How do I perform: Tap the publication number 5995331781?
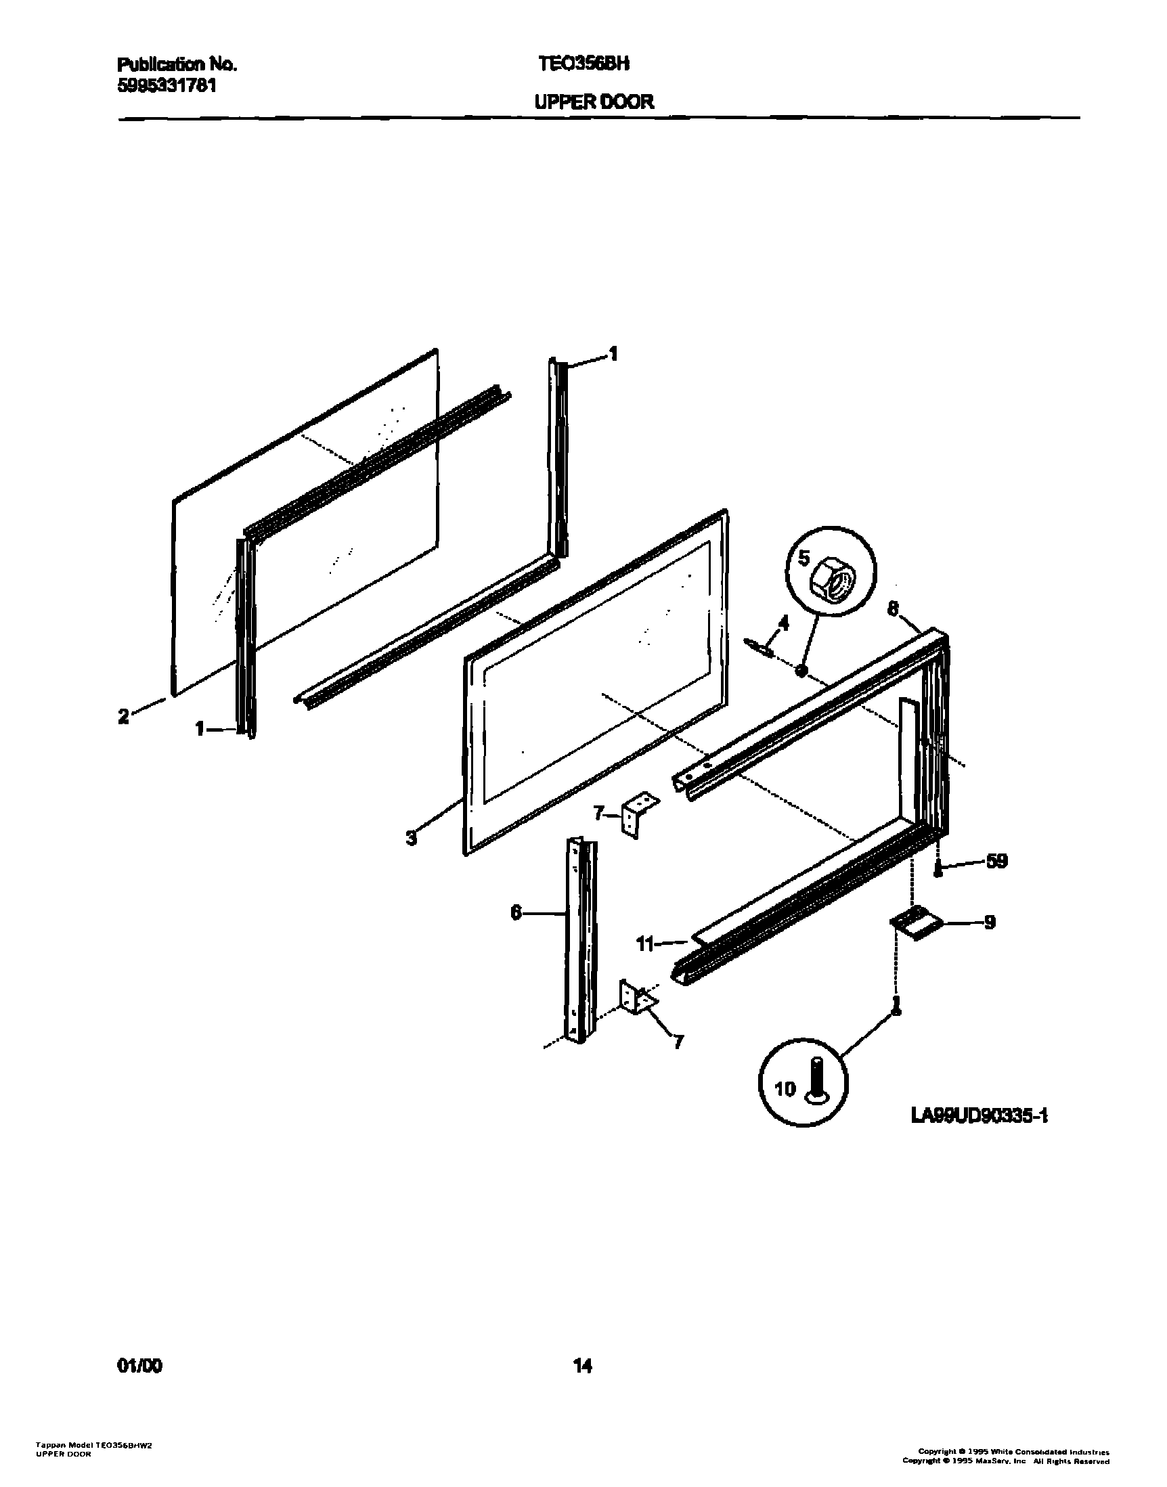167,86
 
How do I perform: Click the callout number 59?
997,862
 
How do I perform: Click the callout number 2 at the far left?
123,717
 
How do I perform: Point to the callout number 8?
893,608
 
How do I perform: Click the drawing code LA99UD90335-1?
979,1116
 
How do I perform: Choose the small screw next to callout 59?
938,869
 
